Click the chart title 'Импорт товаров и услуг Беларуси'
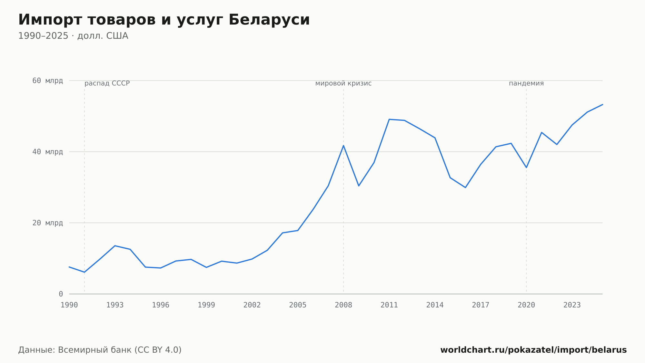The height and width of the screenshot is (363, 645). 164,20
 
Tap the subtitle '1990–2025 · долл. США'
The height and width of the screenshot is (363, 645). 73,36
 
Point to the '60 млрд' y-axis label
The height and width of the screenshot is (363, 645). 47,81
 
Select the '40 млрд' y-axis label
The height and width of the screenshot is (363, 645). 47,152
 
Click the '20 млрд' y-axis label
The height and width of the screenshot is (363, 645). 47,223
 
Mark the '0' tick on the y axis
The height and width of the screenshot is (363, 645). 61,294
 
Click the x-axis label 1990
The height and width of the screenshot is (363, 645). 69,305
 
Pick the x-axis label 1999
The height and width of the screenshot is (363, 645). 206,305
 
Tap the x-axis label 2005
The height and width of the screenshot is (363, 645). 298,305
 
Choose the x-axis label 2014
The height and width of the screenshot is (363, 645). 435,305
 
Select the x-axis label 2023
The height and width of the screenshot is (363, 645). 572,305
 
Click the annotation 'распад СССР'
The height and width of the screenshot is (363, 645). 107,84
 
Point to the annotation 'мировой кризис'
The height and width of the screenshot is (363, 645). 343,84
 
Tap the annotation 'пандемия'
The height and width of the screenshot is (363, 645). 526,84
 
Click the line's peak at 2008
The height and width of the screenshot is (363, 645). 343,145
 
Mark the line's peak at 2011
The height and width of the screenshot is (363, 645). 389,119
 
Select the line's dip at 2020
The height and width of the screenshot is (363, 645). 526,167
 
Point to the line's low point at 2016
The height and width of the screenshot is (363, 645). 465,187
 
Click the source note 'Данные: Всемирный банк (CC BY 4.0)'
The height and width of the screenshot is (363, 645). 100,350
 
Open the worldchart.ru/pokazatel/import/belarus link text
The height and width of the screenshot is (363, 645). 533,350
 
